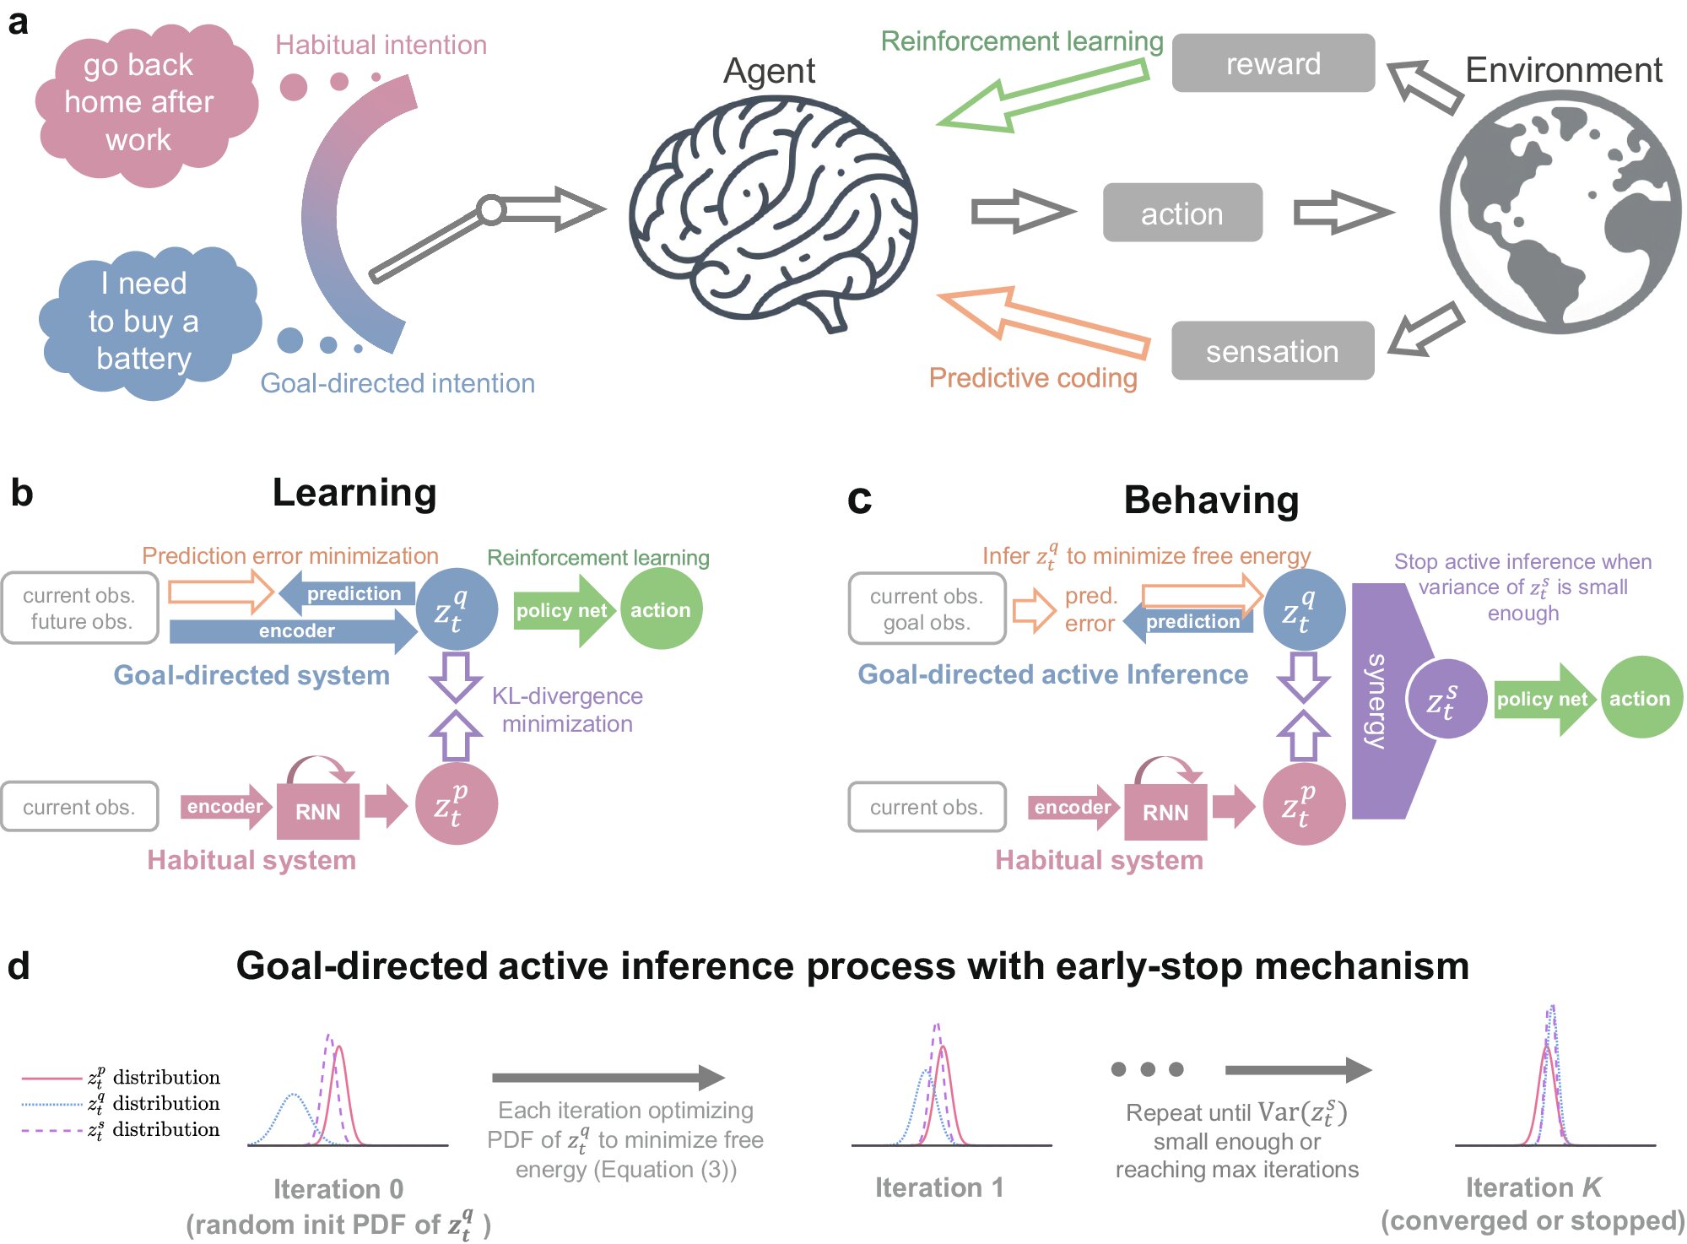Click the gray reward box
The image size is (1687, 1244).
[1273, 63]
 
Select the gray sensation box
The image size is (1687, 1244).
[1272, 351]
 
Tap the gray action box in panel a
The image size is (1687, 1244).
[1181, 214]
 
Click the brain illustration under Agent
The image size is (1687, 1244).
[772, 211]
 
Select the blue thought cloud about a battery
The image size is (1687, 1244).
[145, 322]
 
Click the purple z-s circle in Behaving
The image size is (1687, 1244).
[1445, 700]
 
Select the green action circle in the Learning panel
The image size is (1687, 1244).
[661, 609]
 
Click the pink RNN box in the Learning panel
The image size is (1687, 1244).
[318, 811]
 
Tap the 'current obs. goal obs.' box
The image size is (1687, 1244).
[927, 608]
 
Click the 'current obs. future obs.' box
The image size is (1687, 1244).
[79, 608]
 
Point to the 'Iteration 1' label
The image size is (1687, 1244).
[939, 1187]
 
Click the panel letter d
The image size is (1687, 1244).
[19, 965]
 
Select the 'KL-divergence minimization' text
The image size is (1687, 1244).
[567, 710]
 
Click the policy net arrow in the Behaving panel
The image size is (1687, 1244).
[1543, 699]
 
